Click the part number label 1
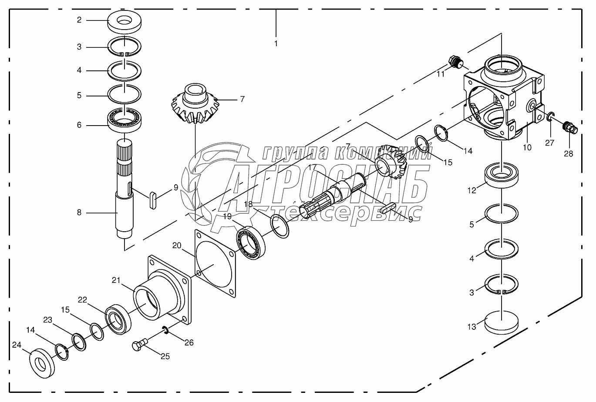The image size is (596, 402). pyautogui.click(x=276, y=43)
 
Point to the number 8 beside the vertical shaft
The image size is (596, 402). pyautogui.click(x=79, y=213)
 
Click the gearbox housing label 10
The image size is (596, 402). pyautogui.click(x=527, y=147)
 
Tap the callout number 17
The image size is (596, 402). pyautogui.click(x=312, y=167)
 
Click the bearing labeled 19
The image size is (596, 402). pyautogui.click(x=250, y=244)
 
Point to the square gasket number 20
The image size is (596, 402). pyautogui.click(x=176, y=246)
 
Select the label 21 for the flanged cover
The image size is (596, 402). pyautogui.click(x=115, y=280)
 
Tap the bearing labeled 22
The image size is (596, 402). pyautogui.click(x=118, y=320)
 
